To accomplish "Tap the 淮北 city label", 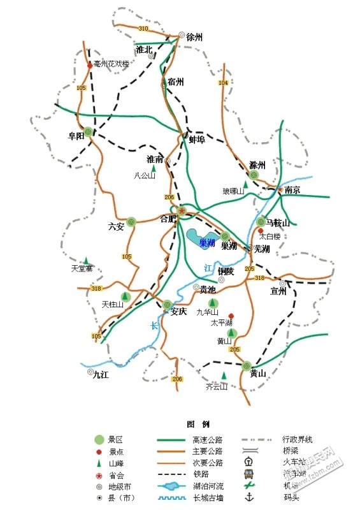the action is (x=144, y=49).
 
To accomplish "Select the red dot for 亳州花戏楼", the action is (x=89, y=64).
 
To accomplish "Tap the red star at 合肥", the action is (x=182, y=210).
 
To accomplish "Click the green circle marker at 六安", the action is (x=131, y=222).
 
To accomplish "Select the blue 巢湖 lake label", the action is (x=207, y=242).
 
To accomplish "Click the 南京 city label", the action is (x=292, y=190).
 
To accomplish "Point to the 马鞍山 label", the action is (x=278, y=223).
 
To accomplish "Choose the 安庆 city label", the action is (x=178, y=312).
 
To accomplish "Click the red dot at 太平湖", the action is (x=231, y=315).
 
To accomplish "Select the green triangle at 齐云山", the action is (x=223, y=375).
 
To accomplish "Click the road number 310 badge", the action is (x=143, y=29).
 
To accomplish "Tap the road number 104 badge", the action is (x=222, y=84).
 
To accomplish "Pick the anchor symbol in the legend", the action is (x=250, y=497).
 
